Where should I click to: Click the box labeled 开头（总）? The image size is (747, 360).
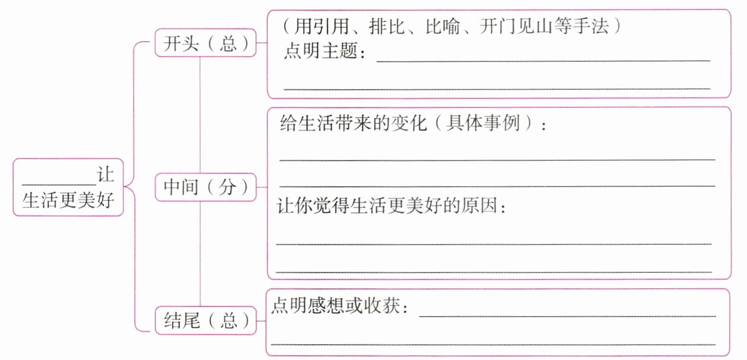pos(206,43)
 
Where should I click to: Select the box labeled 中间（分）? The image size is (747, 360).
pos(206,187)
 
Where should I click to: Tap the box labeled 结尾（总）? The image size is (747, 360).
pos(206,321)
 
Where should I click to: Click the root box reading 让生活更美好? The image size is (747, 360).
pos(68,187)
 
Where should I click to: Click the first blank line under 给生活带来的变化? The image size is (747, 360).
pos(497,159)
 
